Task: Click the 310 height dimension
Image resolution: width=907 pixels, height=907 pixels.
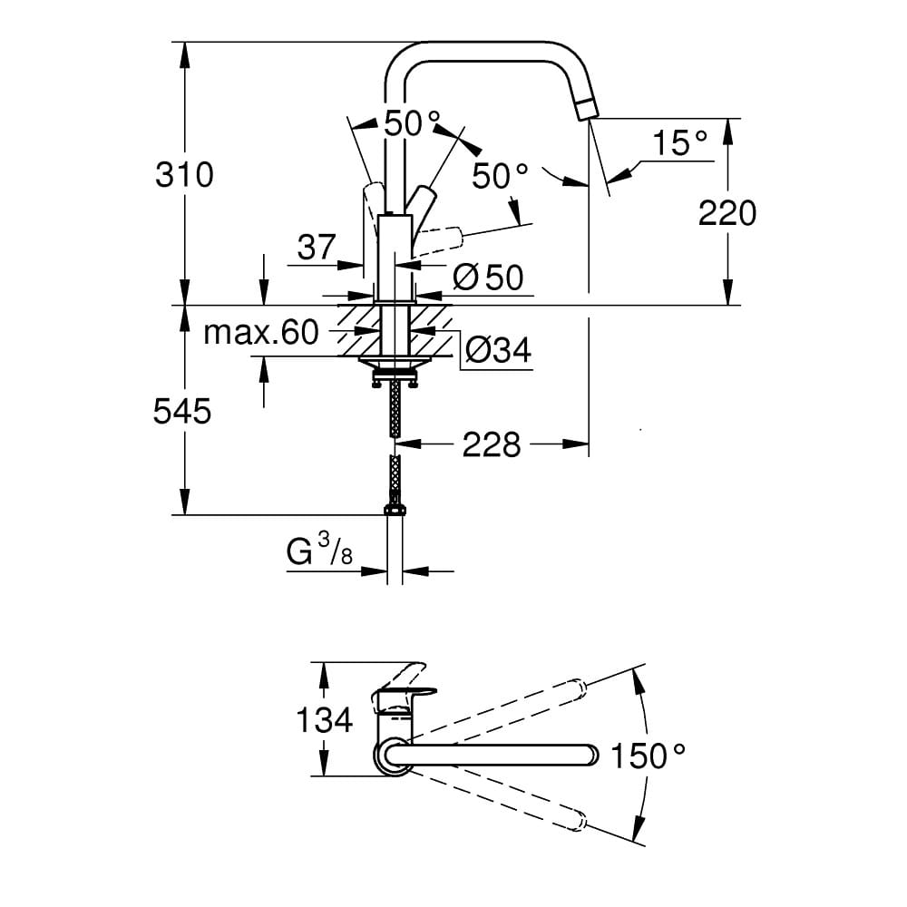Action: click(184, 175)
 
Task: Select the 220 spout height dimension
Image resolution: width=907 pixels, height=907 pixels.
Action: click(727, 213)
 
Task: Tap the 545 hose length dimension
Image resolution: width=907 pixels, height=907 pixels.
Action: click(182, 412)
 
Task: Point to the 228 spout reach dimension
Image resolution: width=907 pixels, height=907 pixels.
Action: click(492, 445)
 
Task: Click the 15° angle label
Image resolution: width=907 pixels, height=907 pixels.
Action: click(680, 143)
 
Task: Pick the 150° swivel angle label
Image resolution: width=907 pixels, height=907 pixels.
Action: click(649, 756)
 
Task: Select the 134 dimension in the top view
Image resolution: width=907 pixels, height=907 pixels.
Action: click(324, 720)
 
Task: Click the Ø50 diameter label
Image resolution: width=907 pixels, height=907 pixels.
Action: click(488, 278)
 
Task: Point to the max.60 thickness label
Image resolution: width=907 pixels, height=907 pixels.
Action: click(261, 333)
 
